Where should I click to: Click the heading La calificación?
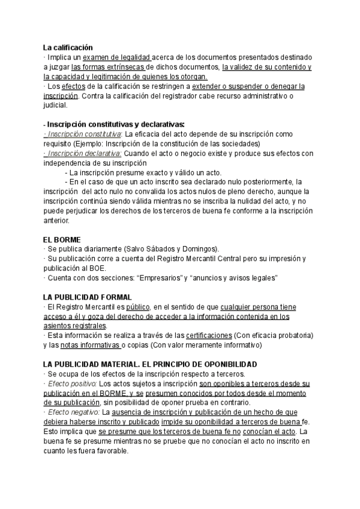pos(68,47)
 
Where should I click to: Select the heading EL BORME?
pos(62,239)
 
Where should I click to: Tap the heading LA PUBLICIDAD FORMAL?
pos(88,297)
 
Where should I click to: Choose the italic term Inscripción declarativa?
pos(83,153)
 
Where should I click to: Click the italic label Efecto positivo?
pos(71,383)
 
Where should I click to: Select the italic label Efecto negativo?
pos(73,412)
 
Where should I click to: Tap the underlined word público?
pos(135,307)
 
